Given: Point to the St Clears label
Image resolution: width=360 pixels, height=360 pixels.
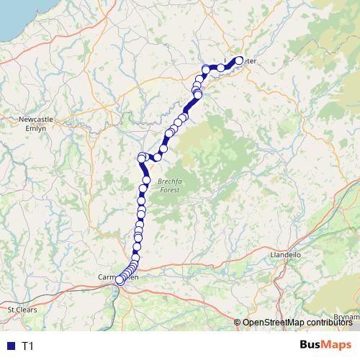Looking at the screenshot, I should (21, 309).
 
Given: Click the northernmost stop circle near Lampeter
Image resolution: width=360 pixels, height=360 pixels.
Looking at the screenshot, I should (240, 60).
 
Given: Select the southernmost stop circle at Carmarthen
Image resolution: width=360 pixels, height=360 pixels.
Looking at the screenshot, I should (120, 281).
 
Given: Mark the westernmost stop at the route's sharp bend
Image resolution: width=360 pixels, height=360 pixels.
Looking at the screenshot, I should (141, 157).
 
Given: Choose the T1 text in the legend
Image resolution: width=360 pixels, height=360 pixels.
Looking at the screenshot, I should (27, 346).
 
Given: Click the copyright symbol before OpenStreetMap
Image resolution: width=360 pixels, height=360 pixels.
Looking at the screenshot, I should (238, 323).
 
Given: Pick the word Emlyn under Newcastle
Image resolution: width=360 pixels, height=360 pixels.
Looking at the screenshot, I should (36, 127).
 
